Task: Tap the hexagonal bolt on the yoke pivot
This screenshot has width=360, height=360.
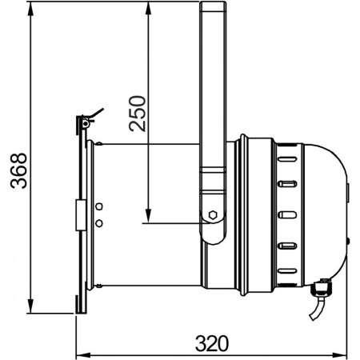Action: pos(213,214)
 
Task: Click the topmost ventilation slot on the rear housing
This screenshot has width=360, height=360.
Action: pos(287,156)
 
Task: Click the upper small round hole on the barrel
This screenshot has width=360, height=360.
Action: pos(100,206)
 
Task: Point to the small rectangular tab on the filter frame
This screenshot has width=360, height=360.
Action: pos(80,214)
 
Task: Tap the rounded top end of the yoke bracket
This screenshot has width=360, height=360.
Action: pos(213,6)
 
